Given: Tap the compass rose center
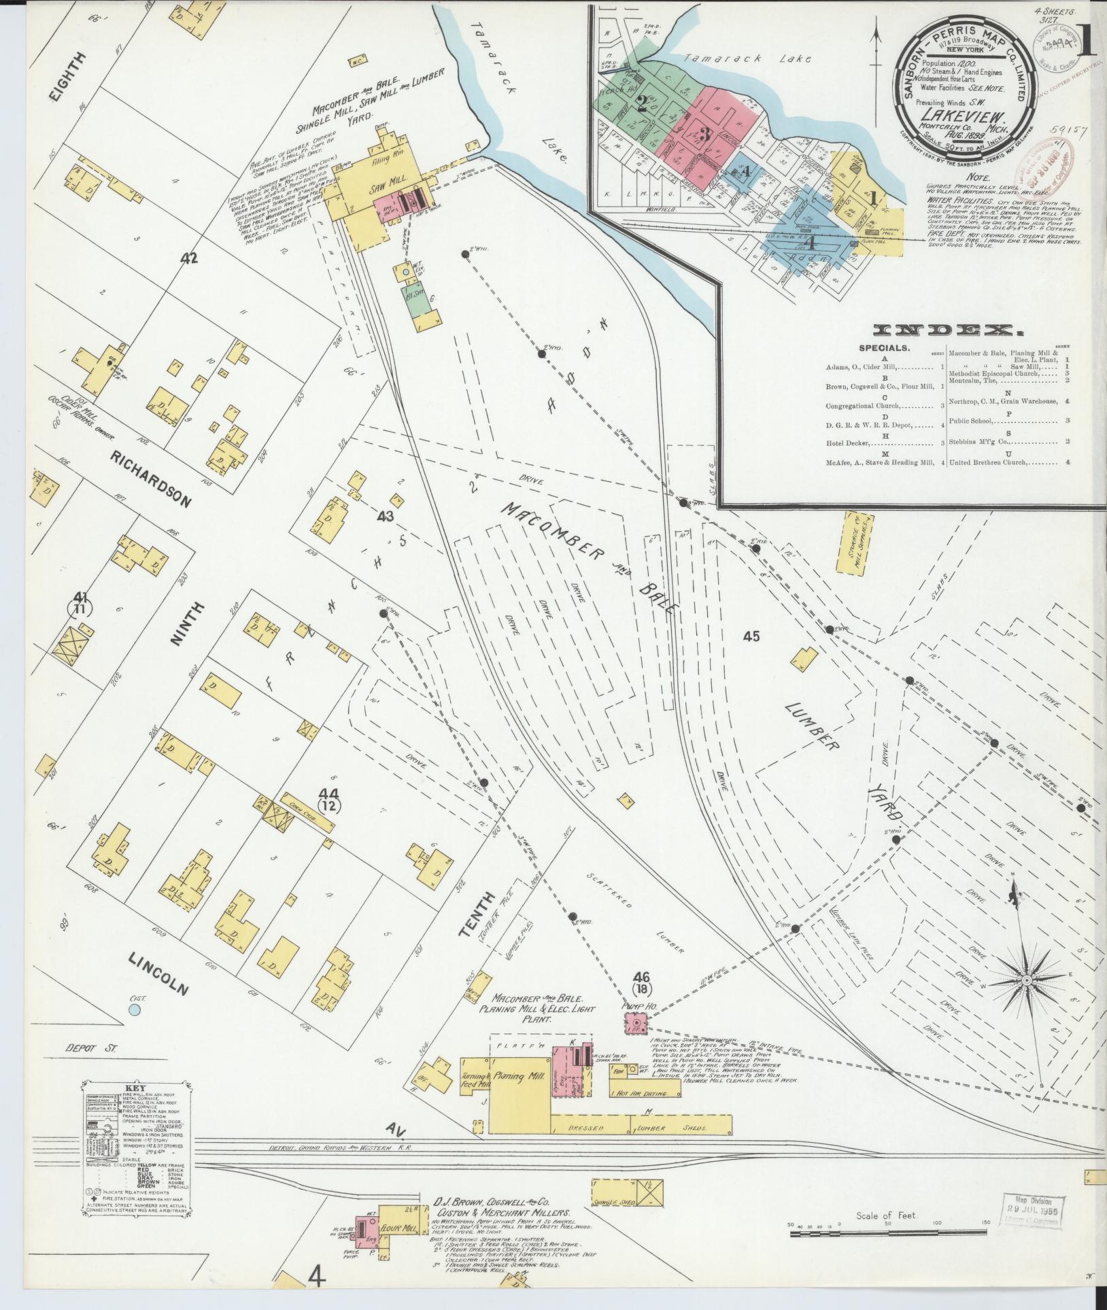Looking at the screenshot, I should pos(1027,981).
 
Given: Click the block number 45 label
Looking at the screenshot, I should pos(751,637).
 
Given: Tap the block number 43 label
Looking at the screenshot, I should pos(386,517).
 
